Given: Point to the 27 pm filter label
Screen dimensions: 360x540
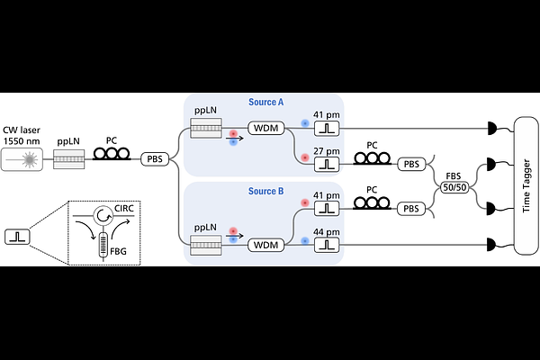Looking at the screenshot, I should click(x=326, y=150).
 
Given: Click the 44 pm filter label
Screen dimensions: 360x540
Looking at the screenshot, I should click(x=326, y=231).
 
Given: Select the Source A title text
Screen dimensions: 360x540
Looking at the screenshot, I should click(x=266, y=103).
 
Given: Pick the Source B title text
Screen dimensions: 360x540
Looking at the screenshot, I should click(x=266, y=191).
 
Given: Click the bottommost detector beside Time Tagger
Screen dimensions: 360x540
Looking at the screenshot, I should click(x=490, y=243).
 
